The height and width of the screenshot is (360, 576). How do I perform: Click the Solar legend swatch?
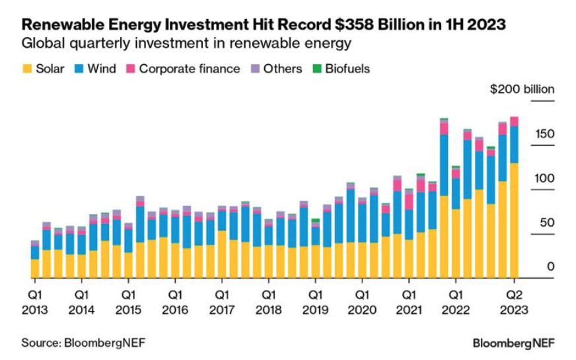26,69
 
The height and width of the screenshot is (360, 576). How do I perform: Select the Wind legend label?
102,69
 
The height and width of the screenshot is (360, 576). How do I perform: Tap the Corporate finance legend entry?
190,69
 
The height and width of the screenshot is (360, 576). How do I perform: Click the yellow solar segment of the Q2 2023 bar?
514,221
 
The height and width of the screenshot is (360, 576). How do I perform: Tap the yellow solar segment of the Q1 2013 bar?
35,268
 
